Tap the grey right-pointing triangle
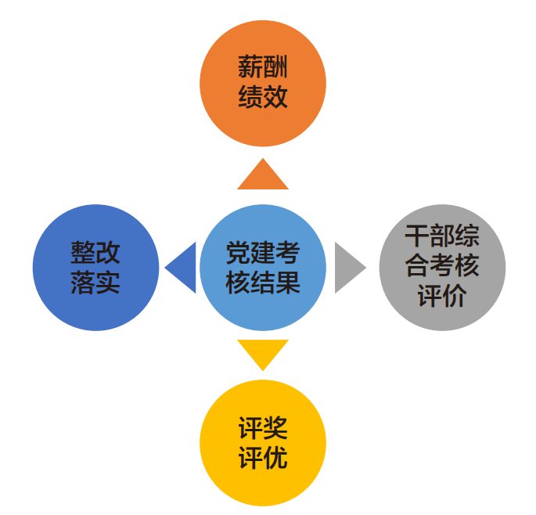point(347,268)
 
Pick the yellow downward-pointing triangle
point(263,351)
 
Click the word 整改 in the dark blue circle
point(95,253)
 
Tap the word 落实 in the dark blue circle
point(95,282)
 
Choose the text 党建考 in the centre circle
point(263,253)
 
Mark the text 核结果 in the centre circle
point(263,282)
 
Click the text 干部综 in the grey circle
point(442,236)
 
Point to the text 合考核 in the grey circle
point(442,267)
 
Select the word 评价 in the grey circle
point(442,297)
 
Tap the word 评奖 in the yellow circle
point(263,428)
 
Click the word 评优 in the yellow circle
point(263,457)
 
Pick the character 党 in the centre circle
point(238,253)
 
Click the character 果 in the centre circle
point(288,282)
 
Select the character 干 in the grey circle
point(417,236)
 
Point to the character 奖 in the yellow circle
point(275,428)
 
